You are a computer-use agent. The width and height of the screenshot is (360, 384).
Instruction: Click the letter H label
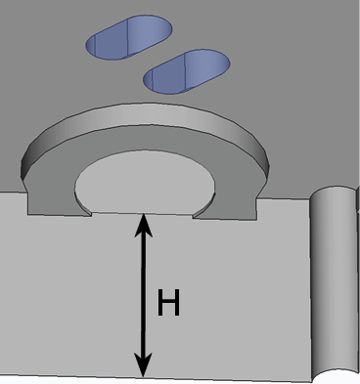tap(168, 302)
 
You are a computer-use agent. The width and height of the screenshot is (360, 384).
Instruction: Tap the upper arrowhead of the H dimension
tap(144, 225)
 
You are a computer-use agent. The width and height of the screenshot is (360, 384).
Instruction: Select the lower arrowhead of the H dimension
tap(143, 364)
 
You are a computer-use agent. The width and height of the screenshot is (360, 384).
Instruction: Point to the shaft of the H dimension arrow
tap(143, 295)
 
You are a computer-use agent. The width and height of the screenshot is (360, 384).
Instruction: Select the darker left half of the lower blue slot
tap(164, 77)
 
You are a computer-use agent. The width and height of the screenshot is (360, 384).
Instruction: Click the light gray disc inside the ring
tap(145, 183)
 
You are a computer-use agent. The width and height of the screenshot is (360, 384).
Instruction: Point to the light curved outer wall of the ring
tap(144, 114)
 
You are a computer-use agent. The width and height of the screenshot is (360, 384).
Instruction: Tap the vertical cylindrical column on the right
tap(333, 283)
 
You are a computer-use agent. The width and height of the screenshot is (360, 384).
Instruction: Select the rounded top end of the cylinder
tap(333, 192)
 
